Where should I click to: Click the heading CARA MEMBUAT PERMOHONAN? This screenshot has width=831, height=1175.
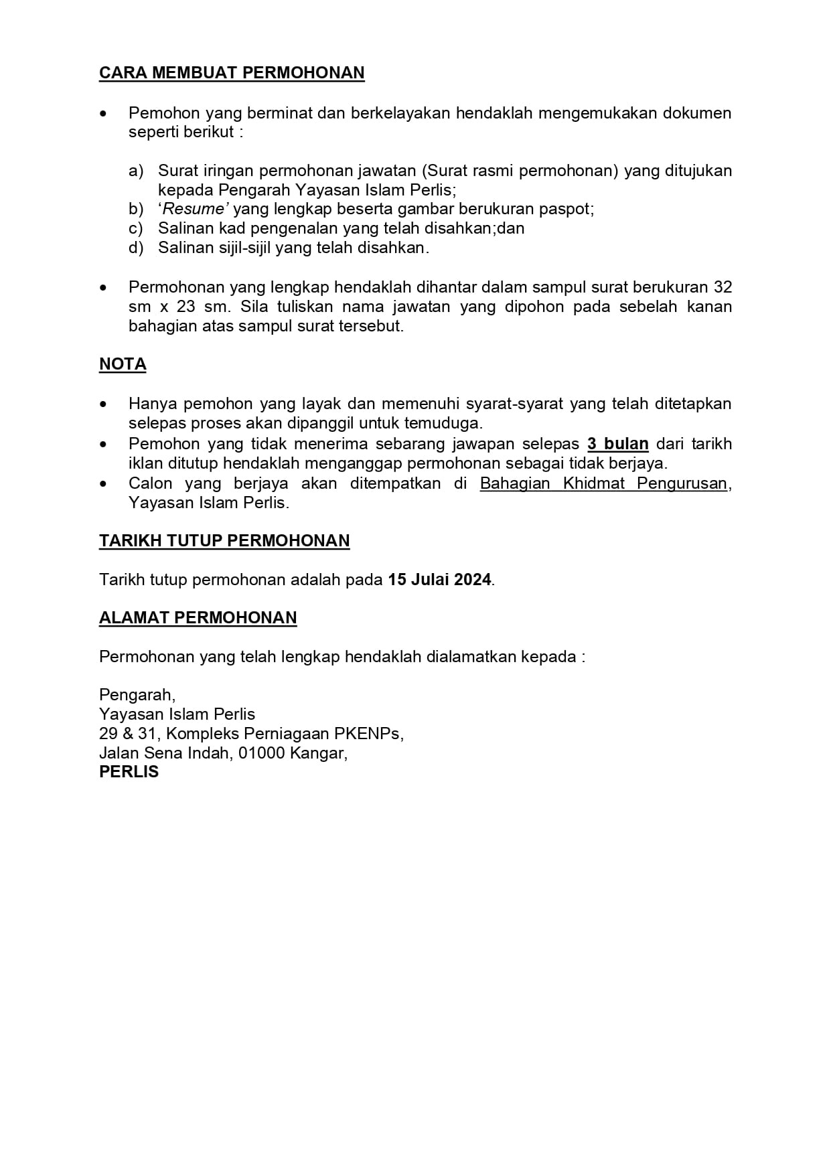(232, 73)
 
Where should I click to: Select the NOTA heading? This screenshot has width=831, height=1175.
(123, 364)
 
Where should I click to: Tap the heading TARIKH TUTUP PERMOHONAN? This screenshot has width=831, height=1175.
(224, 541)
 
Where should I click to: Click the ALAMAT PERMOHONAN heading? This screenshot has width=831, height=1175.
(198, 618)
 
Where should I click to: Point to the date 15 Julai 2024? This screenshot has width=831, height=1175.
(439, 580)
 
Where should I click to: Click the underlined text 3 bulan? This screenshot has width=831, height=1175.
(617, 444)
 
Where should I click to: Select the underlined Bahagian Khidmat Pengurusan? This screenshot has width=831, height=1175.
(603, 483)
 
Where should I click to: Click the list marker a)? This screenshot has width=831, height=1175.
(136, 171)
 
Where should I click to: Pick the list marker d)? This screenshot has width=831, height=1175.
(136, 248)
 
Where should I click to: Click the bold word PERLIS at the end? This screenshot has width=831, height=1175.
(129, 772)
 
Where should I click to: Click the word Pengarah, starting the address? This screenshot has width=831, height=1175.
(137, 695)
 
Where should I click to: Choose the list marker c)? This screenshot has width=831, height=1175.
(136, 228)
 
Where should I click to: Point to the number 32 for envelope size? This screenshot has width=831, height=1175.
(723, 287)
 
